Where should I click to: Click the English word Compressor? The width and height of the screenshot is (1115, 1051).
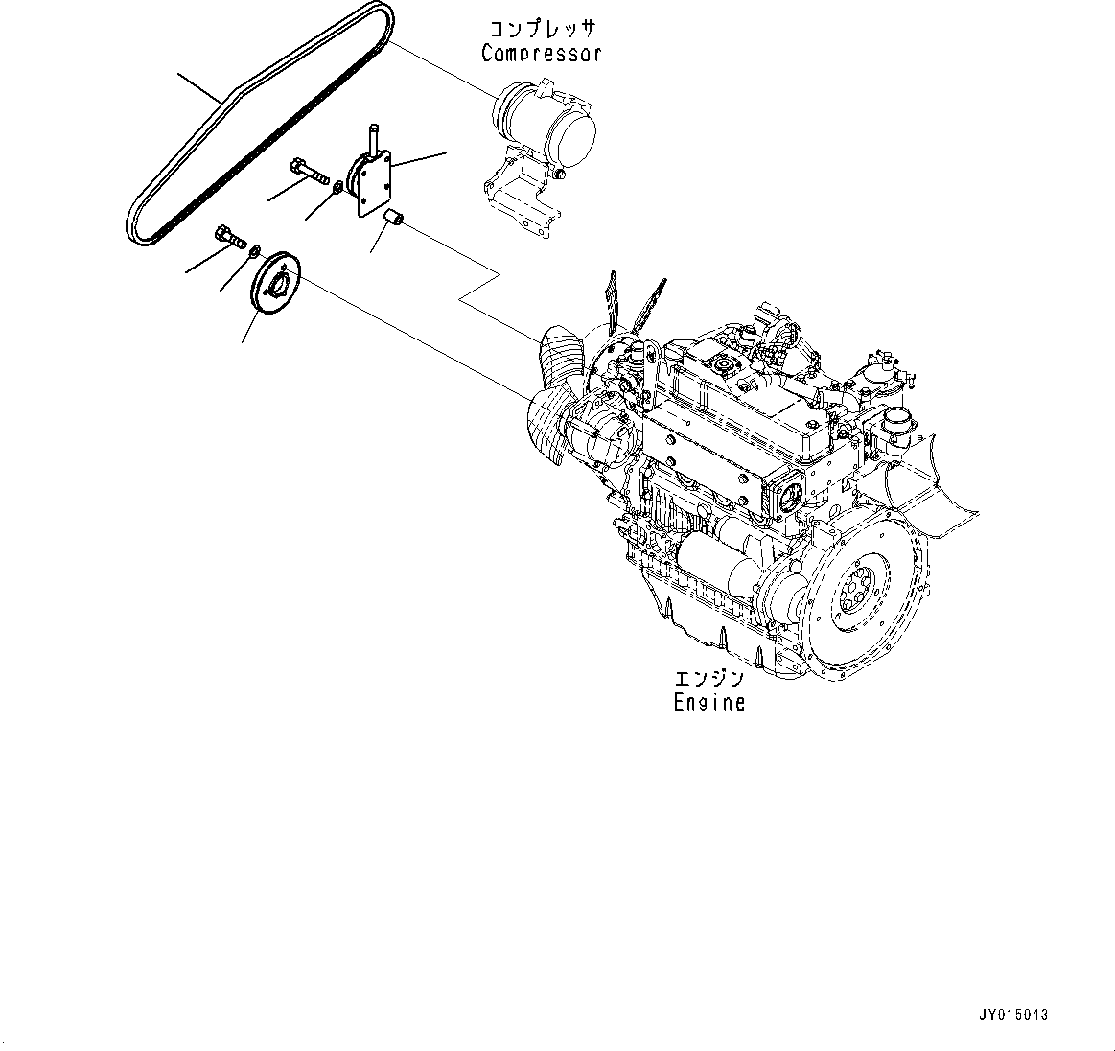[541, 53]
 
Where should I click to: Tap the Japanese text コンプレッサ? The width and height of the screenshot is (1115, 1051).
[541, 28]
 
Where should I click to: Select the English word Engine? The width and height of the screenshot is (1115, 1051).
[708, 702]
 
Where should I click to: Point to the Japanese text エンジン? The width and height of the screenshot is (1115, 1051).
[708, 679]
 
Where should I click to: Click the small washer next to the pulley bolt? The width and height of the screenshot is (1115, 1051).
[253, 252]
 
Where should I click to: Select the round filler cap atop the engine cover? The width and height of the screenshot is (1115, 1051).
[720, 365]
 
